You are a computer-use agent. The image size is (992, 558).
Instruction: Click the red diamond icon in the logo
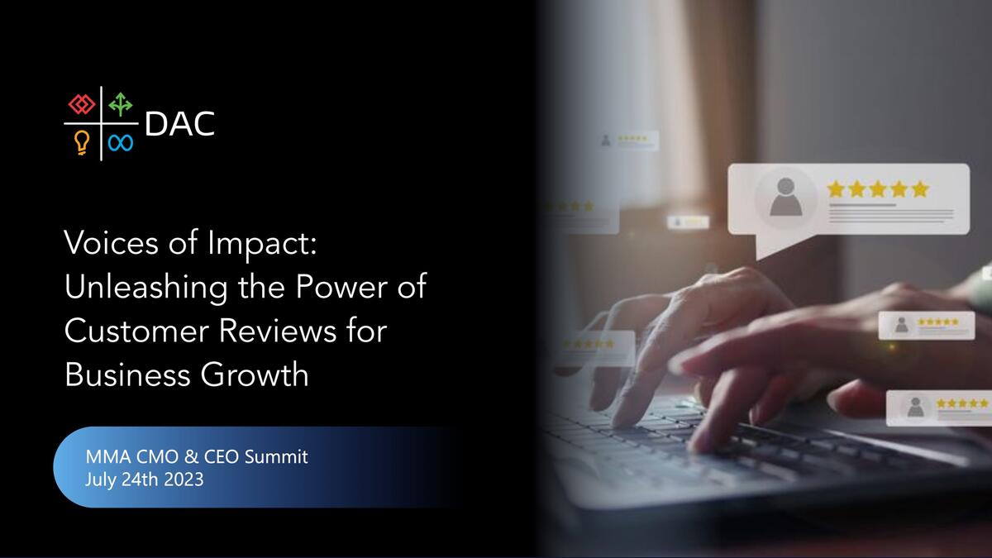click(x=82, y=104)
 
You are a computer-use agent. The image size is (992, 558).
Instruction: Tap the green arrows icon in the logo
click(x=121, y=104)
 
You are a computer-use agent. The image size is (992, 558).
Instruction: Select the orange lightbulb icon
click(x=82, y=142)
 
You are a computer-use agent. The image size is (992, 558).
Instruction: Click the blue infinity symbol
click(x=121, y=142)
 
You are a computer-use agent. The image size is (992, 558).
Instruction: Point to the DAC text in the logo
click(x=180, y=124)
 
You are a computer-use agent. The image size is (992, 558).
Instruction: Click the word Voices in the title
click(x=111, y=243)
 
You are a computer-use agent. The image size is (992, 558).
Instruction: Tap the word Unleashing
click(x=145, y=289)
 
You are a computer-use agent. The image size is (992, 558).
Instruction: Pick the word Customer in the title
click(x=136, y=331)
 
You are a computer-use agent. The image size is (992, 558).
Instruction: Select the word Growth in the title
click(x=255, y=374)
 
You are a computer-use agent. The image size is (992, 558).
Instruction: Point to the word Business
click(x=126, y=374)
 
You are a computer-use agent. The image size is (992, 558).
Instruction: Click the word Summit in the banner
click(x=276, y=456)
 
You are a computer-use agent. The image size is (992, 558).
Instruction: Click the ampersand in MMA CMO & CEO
click(x=191, y=456)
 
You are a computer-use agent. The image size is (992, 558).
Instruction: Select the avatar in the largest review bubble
click(x=785, y=198)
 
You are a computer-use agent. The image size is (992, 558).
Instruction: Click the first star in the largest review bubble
click(x=836, y=189)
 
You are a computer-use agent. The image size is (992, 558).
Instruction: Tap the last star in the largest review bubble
click(x=920, y=189)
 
